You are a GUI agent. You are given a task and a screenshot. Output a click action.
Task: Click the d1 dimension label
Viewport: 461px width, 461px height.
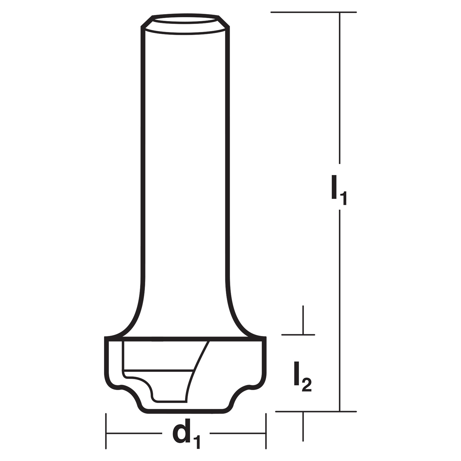pos(186,435)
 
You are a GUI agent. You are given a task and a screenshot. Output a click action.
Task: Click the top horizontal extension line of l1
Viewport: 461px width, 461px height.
pos(313,12)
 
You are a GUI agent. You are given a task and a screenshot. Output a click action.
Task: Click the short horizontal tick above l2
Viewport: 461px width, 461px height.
pos(298,335)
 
